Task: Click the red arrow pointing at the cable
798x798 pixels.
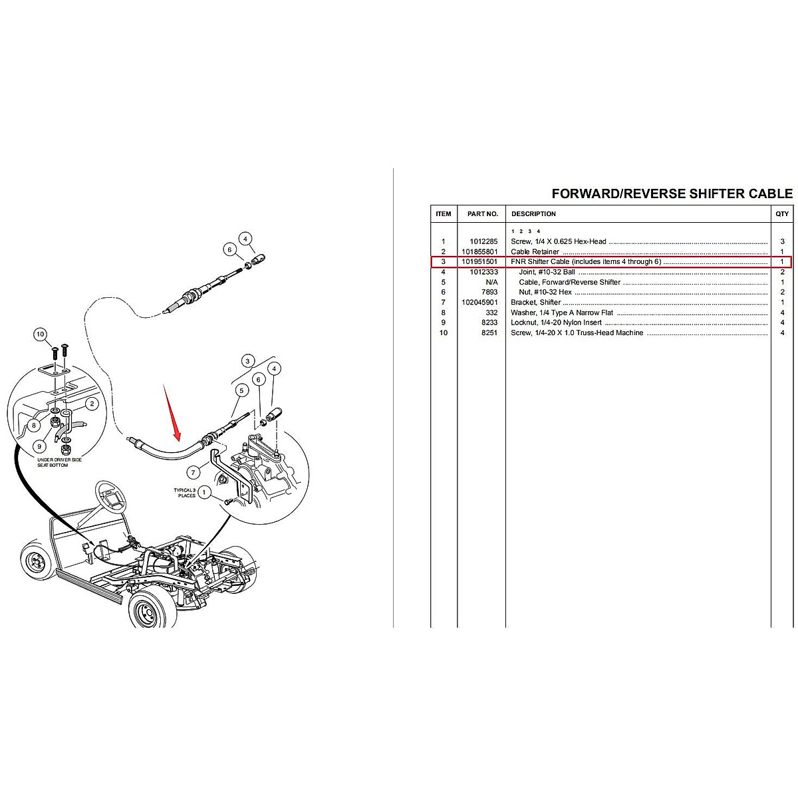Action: (171, 412)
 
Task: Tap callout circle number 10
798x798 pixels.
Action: (41, 334)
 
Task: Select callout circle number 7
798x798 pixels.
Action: (194, 473)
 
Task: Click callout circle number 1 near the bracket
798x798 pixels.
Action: (205, 493)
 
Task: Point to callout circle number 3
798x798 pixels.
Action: (248, 361)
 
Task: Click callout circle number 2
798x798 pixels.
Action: (92, 403)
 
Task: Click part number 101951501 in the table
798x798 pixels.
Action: (480, 262)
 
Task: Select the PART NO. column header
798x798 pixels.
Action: (482, 214)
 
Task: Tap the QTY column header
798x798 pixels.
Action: (782, 214)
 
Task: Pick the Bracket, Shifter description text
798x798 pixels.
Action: (535, 303)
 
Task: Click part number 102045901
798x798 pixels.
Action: (480, 303)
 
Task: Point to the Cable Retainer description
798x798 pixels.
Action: (535, 252)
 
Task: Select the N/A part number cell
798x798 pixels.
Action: (491, 282)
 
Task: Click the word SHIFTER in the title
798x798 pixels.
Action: (701, 194)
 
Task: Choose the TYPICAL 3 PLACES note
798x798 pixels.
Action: (186, 493)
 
